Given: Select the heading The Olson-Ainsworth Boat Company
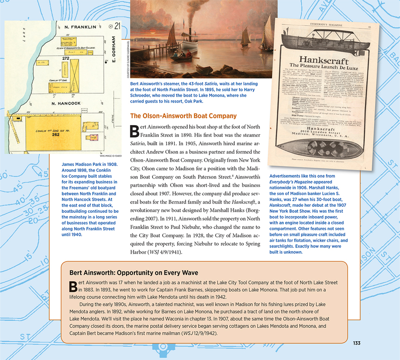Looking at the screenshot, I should click(183, 116).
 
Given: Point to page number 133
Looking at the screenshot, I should click(356, 344).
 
